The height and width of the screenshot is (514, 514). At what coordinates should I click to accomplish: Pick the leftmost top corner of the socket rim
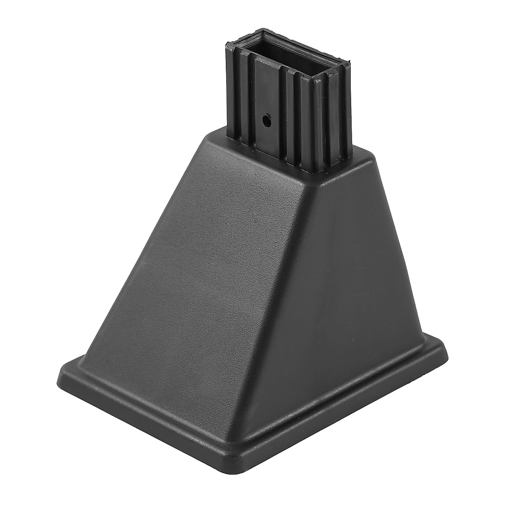[x=226, y=45]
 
